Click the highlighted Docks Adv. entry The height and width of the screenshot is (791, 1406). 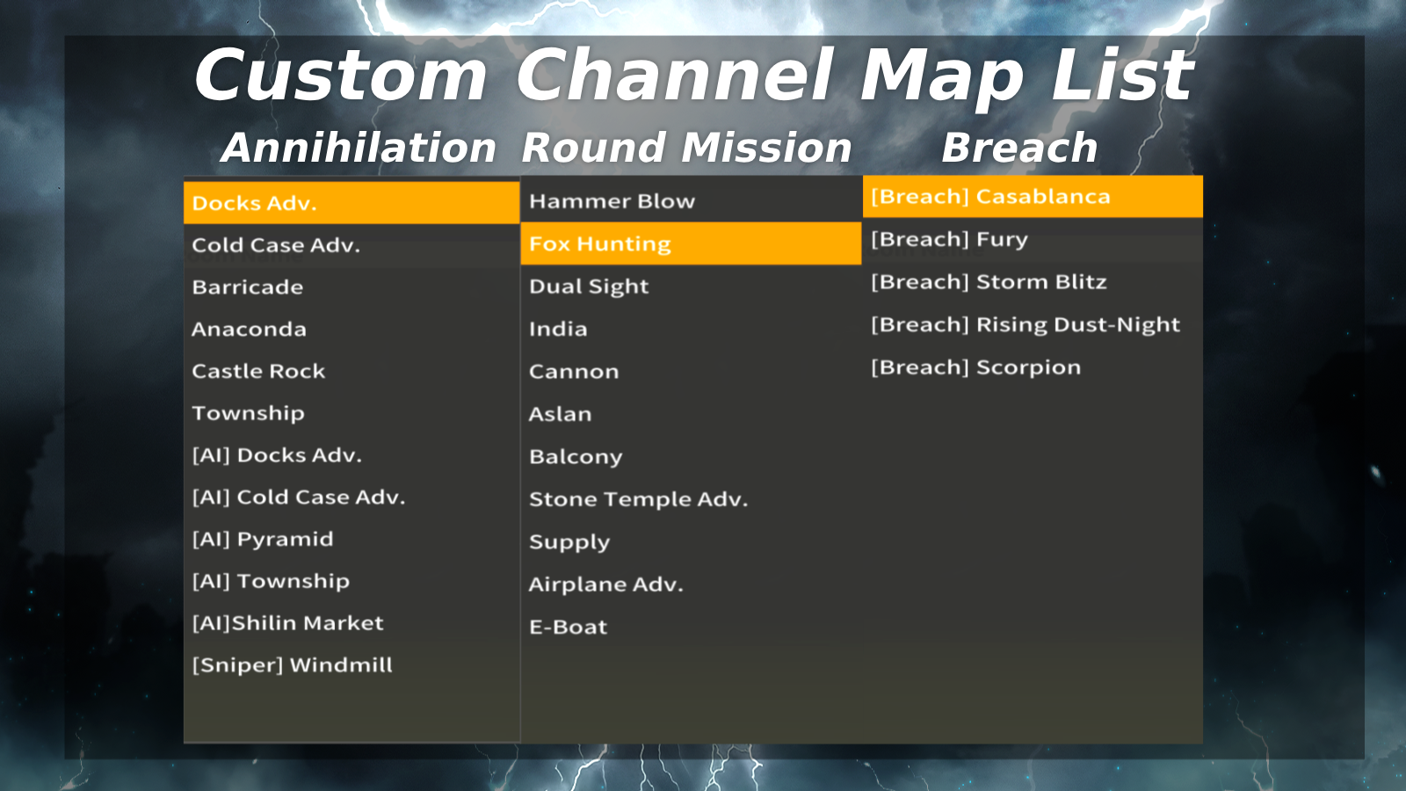tap(254, 203)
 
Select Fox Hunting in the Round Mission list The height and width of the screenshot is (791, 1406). tap(600, 243)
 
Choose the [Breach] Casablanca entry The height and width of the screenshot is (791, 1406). tap(990, 197)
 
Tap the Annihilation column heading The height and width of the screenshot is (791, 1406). tap(359, 148)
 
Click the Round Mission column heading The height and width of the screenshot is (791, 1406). tap(686, 148)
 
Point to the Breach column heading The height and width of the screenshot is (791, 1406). tap(1019, 148)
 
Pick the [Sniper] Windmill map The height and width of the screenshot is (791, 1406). tap(293, 665)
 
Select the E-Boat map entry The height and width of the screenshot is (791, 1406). tap(568, 628)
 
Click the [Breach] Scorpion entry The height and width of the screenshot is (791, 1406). tap(976, 367)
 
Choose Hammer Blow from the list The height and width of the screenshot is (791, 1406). tap(612, 201)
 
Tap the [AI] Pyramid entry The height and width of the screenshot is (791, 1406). tap(263, 540)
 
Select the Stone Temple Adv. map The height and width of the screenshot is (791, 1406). tap(638, 500)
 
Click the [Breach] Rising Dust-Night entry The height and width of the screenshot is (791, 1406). tap(1026, 324)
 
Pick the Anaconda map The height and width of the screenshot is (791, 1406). tap(250, 330)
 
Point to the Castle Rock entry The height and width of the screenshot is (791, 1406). tap(258, 372)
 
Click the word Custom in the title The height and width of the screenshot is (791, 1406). tap(341, 76)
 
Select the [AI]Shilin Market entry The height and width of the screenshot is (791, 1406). tap(287, 623)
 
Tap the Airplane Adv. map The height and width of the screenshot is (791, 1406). tap(605, 584)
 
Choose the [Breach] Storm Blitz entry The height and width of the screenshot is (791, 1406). tap(989, 282)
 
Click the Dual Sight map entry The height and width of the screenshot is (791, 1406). tap(589, 287)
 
